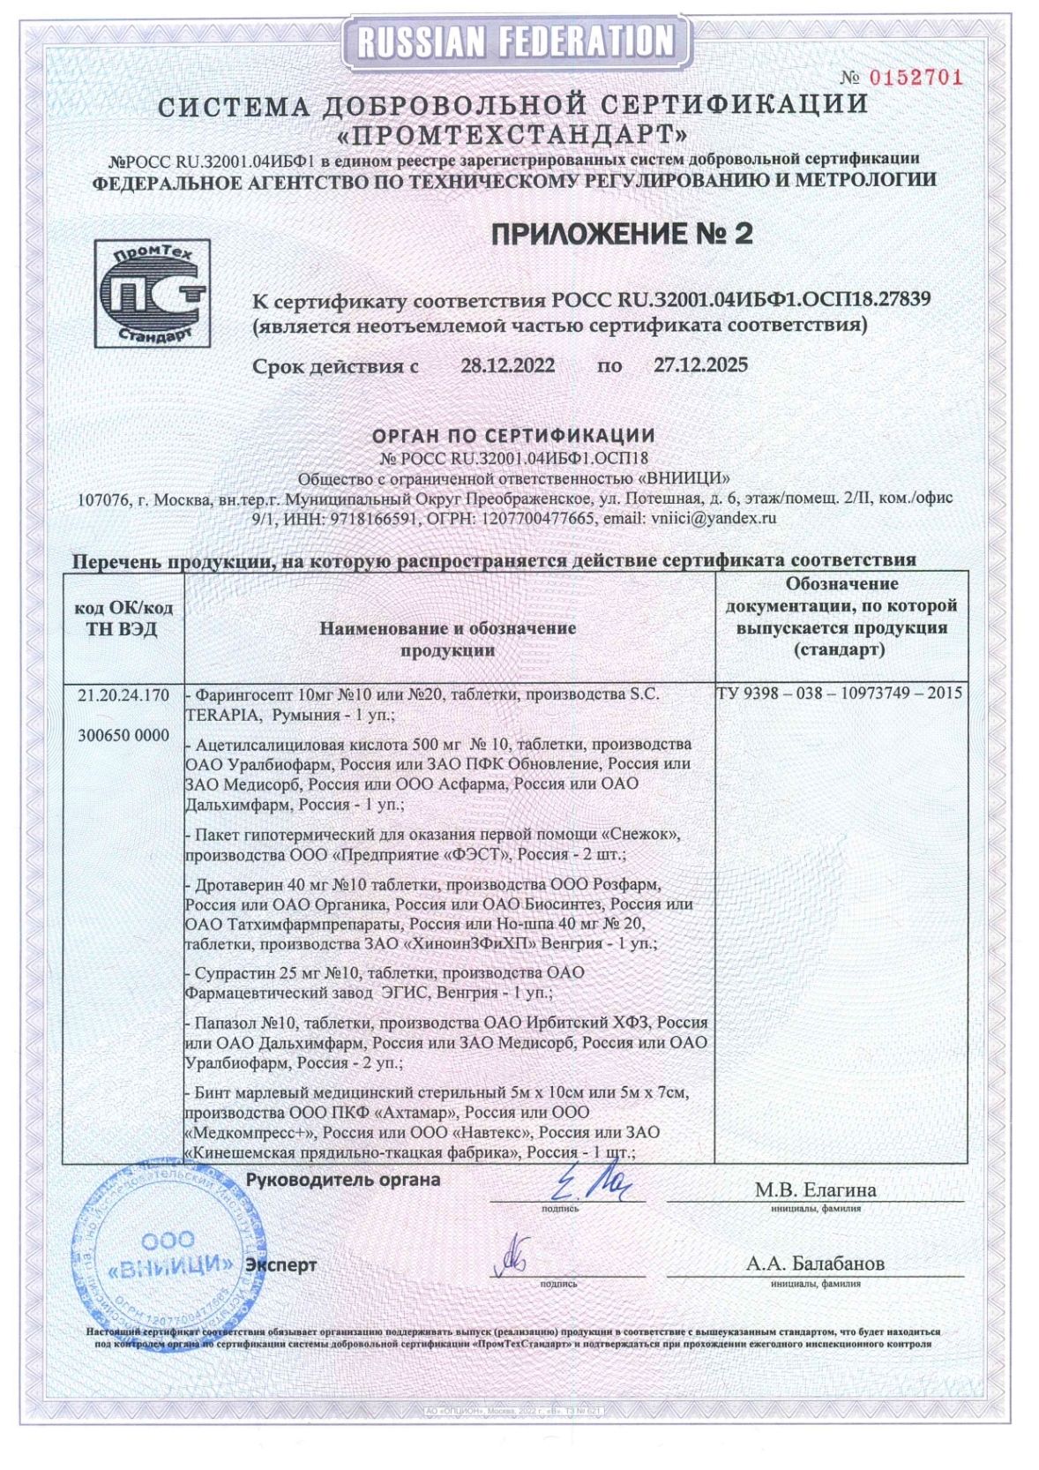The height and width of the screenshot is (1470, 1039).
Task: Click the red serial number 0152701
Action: (x=915, y=78)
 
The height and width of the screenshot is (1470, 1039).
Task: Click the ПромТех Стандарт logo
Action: (x=152, y=293)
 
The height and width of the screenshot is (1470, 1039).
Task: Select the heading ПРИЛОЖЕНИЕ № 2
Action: (x=622, y=234)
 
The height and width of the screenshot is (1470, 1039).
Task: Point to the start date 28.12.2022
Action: (x=508, y=365)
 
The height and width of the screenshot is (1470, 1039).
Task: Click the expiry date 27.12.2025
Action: (x=700, y=365)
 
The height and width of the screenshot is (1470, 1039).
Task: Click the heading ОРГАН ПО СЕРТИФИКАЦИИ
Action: (x=513, y=435)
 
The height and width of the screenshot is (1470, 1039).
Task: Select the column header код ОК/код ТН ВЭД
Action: (x=123, y=619)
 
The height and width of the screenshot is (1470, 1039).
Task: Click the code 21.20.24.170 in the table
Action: (x=123, y=695)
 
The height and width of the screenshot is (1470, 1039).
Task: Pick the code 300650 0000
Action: (x=123, y=735)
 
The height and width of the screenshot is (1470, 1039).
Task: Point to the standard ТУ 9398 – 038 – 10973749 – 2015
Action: (x=840, y=694)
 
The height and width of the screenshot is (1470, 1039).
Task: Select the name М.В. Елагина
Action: (x=815, y=1190)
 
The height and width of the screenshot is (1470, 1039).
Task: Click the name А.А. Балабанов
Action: (x=815, y=1264)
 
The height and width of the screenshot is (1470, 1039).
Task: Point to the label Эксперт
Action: (x=280, y=1264)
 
